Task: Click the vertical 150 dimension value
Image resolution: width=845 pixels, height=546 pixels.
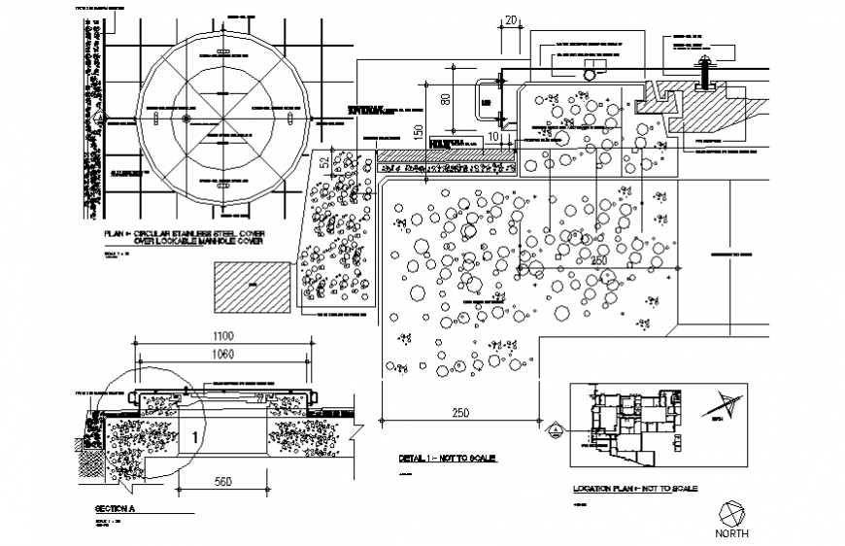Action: [x=419, y=133]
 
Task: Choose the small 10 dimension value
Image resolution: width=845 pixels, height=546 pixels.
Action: [x=493, y=138]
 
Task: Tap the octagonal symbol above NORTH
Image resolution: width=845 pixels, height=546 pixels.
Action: [x=733, y=512]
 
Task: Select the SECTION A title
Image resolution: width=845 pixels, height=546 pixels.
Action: [x=121, y=508]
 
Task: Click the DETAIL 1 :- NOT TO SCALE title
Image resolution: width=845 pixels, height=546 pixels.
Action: [x=448, y=458]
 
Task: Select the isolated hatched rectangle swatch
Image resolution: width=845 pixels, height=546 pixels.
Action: [x=251, y=286]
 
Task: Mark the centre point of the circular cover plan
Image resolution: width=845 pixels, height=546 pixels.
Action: [x=222, y=119]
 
